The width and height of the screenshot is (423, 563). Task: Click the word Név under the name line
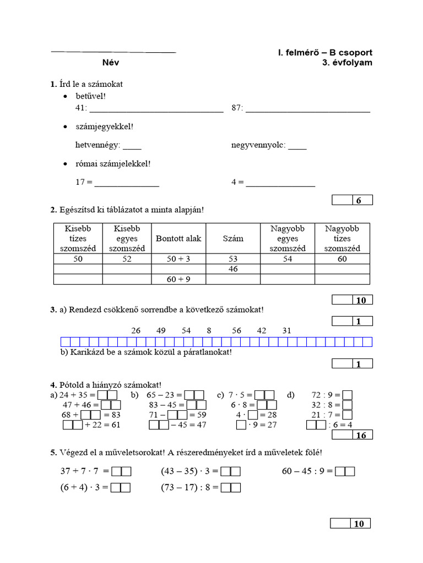click(110, 63)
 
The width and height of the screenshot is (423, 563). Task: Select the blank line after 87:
click(308, 109)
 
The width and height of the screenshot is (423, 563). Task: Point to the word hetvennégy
click(97, 146)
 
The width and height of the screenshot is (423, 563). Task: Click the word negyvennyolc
click(258, 146)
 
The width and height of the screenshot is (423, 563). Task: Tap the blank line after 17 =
click(127, 183)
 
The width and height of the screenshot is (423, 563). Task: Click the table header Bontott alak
click(178, 239)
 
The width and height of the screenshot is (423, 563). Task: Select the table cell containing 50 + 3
click(178, 259)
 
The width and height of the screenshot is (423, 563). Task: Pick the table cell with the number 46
click(232, 269)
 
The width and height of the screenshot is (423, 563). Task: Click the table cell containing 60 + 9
click(178, 279)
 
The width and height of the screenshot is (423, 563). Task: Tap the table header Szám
click(232, 239)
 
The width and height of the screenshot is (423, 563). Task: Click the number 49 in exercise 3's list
click(161, 330)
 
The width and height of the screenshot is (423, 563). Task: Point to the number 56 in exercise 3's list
click(236, 330)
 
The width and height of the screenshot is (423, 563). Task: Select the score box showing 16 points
click(352, 435)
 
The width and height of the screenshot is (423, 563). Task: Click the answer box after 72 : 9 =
click(347, 395)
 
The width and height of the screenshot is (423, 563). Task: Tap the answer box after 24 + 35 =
click(107, 395)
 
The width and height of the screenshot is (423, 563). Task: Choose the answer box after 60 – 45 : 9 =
click(345, 471)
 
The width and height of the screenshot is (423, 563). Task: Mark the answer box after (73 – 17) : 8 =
click(231, 487)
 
